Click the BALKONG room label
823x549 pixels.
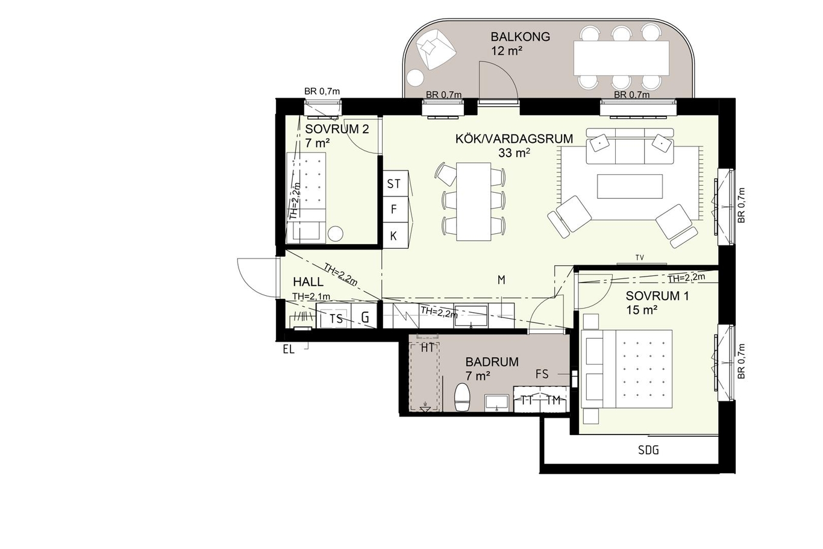521,37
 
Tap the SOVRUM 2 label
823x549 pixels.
337,130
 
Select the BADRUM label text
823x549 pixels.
492,362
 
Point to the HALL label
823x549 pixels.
308,282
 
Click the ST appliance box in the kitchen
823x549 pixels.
395,183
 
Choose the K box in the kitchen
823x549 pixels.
395,235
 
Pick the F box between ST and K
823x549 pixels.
395,210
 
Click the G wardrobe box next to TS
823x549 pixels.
365,317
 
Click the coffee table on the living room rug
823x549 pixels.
630,186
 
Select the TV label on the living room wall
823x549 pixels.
640,258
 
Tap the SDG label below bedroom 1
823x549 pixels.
648,450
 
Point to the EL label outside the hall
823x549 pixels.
289,350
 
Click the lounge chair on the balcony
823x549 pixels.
436,49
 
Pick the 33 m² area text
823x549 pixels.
514,152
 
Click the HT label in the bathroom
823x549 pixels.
427,348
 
